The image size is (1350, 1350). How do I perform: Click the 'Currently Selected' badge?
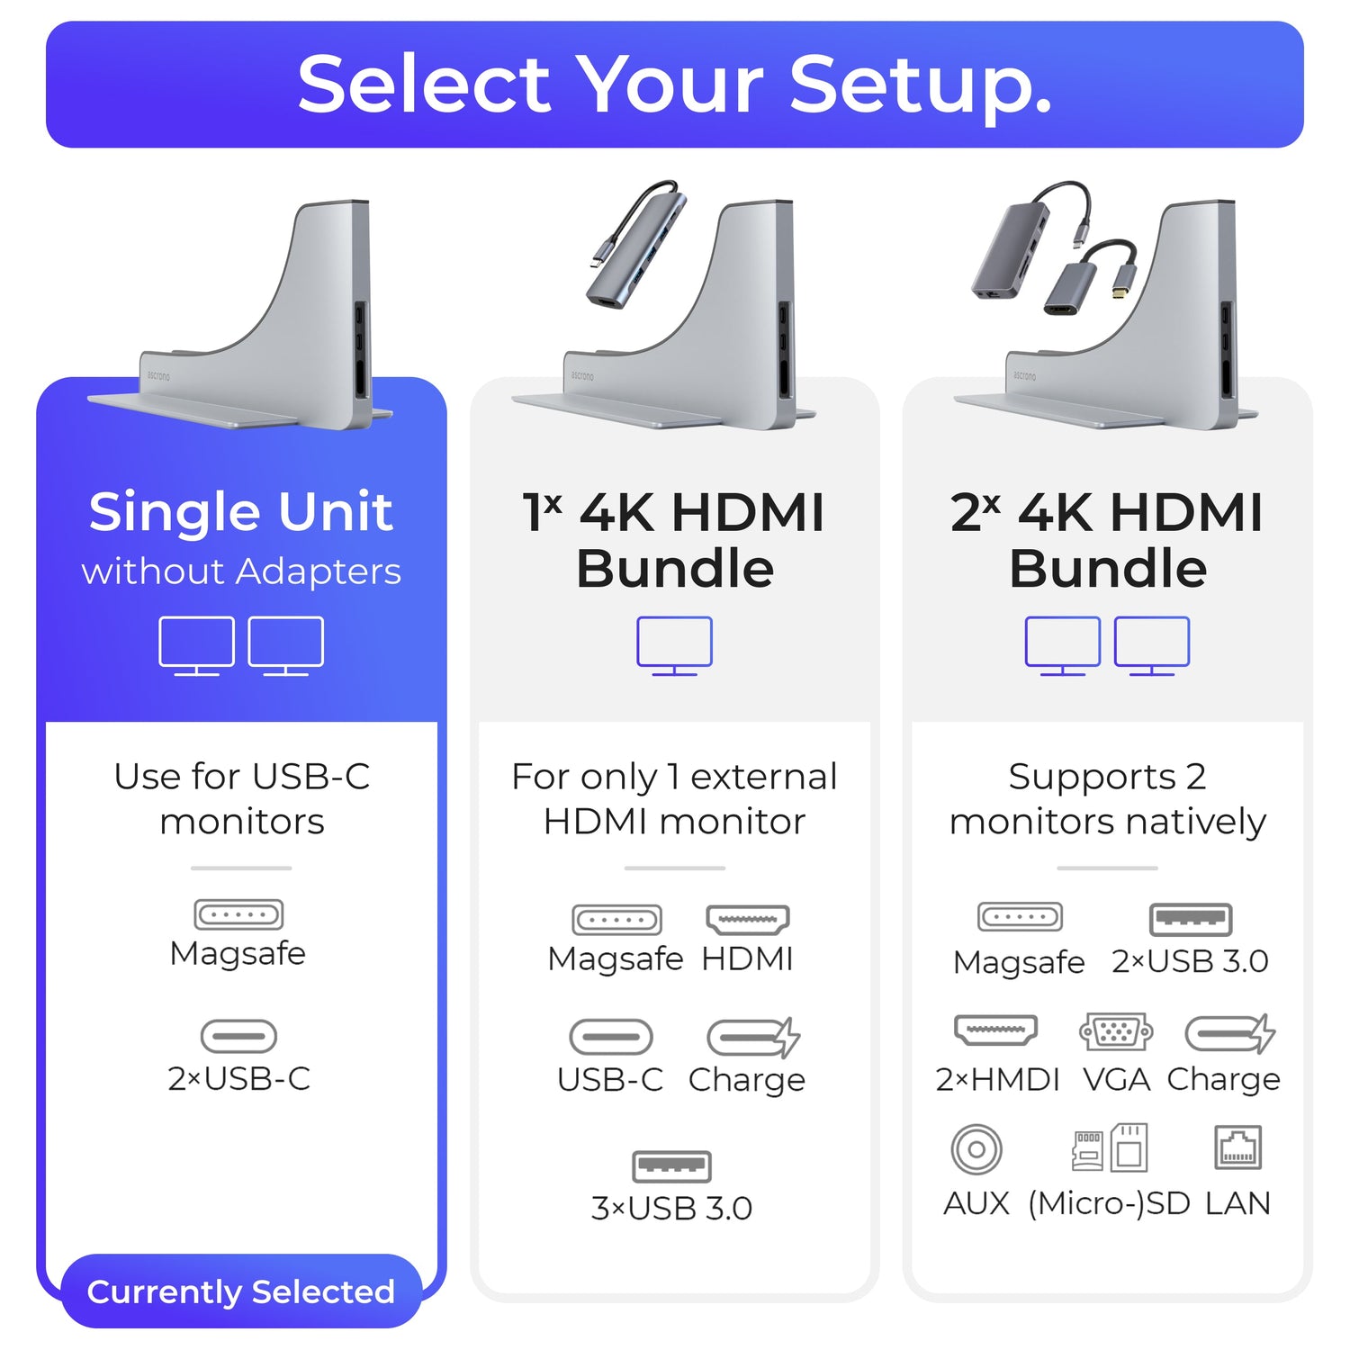[240, 1291]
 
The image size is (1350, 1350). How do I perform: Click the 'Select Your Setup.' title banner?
[674, 85]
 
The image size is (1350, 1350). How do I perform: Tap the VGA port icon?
[1116, 1032]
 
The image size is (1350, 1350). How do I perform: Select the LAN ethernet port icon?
[1237, 1147]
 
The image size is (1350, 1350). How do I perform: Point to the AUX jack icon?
[976, 1149]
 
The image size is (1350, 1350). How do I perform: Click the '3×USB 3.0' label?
[671, 1208]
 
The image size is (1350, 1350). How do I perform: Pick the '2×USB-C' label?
[239, 1078]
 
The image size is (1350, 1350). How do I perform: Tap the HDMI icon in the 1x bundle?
[748, 920]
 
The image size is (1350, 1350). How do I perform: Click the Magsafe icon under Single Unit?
[238, 914]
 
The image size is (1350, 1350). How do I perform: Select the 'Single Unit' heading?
[240, 512]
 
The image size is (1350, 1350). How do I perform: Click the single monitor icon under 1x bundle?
[674, 644]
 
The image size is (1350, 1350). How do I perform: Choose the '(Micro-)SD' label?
[1109, 1203]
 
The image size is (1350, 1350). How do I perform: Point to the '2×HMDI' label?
[997, 1079]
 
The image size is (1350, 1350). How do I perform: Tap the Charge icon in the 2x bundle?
[1229, 1034]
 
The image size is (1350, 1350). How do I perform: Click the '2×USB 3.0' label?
[1190, 961]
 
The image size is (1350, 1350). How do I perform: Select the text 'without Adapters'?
[241, 571]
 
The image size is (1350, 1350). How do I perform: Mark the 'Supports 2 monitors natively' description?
[1107, 799]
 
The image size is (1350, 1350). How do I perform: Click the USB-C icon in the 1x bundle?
[611, 1037]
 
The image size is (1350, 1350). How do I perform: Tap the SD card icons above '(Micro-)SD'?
[1109, 1147]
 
